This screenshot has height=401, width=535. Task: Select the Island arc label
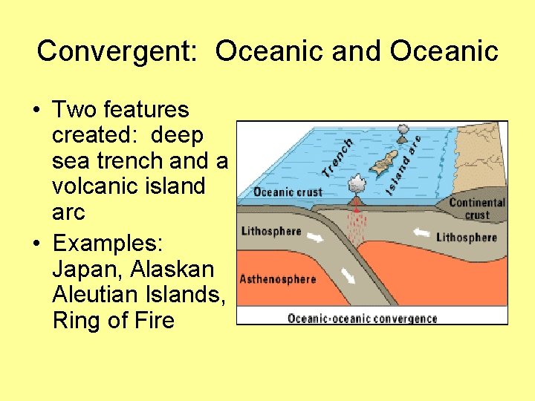tap(404, 166)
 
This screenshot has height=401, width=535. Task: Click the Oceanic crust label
tap(288, 192)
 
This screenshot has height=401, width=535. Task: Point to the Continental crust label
tap(477, 209)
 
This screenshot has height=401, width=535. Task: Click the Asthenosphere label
tap(277, 280)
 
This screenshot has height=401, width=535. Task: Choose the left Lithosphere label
tap(271, 231)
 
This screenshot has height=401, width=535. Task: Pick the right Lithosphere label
tap(467, 238)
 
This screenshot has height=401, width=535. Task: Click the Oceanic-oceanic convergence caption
tap(363, 319)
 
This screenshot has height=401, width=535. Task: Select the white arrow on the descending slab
tap(348, 276)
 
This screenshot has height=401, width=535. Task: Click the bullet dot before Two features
tap(36, 111)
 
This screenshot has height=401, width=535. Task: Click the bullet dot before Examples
tap(36, 244)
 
